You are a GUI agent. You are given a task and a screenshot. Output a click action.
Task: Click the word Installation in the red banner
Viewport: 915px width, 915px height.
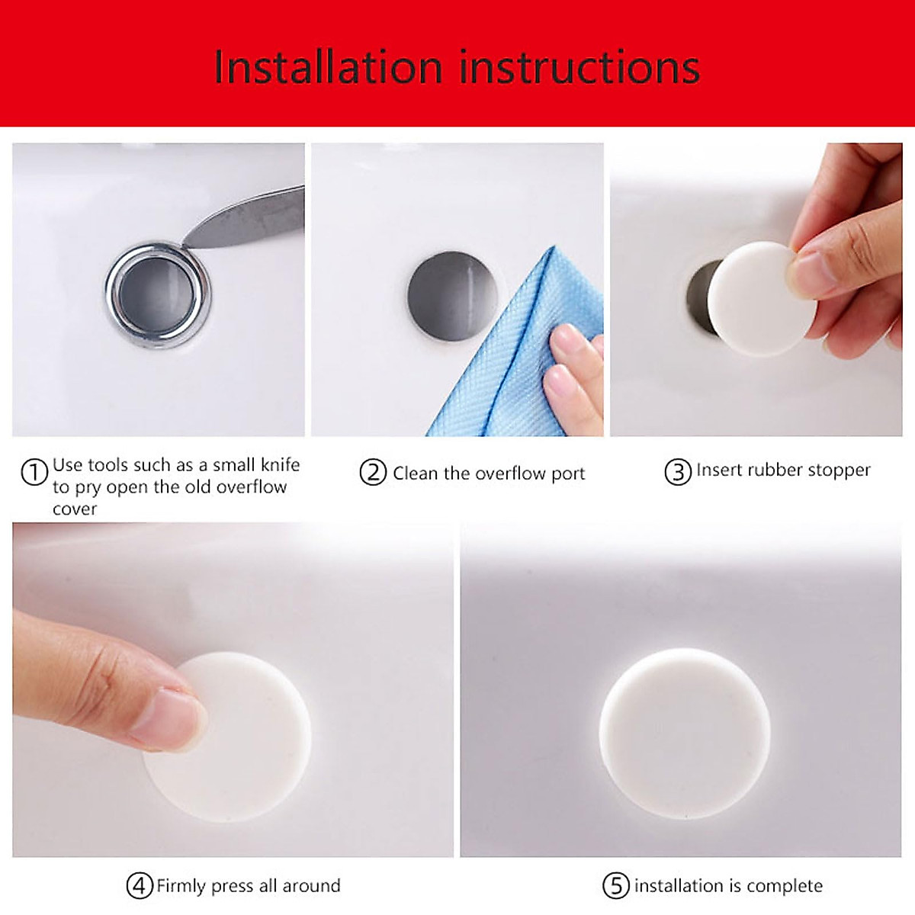pos(328,67)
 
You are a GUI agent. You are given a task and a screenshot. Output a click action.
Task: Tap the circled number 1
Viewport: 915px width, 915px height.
pos(34,473)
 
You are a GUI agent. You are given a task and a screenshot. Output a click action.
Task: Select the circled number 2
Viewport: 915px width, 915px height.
pos(373,473)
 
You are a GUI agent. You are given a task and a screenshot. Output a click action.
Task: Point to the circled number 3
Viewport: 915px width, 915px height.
pos(677,472)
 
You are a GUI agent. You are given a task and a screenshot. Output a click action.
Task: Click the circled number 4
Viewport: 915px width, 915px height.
pos(140,886)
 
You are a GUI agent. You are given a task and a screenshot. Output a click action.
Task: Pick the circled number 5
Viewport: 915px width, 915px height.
pos(616,886)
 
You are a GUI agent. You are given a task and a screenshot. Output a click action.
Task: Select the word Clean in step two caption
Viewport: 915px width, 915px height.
pos(416,474)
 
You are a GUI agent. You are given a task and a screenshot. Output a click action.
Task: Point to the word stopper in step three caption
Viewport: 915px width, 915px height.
pos(839,470)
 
